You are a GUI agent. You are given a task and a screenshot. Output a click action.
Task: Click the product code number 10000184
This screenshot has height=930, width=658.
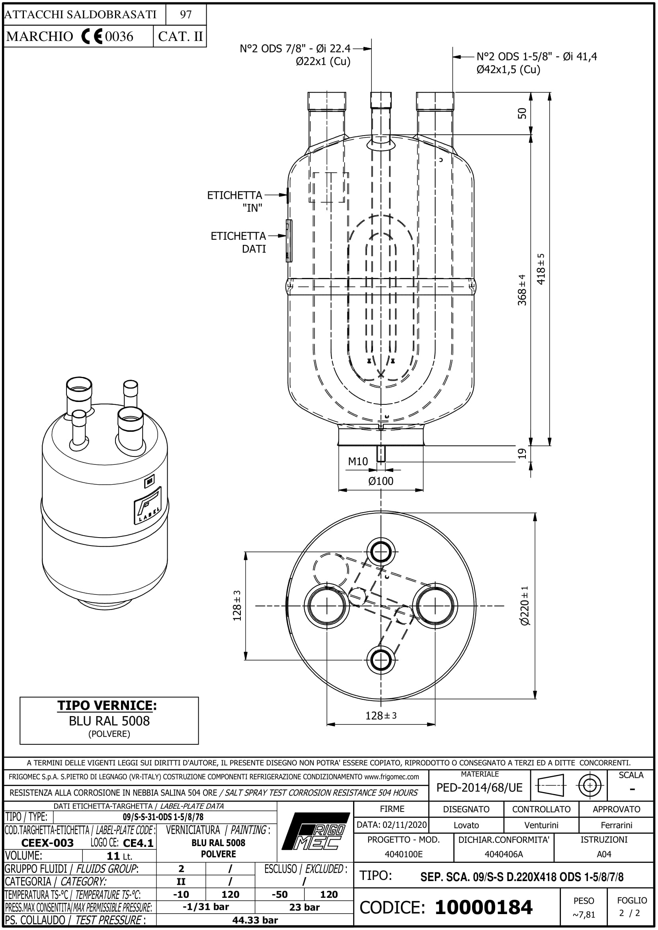[483, 907]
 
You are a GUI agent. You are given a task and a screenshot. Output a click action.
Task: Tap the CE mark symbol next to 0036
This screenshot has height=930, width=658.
[92, 37]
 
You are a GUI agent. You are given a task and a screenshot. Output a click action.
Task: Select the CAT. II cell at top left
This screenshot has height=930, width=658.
[180, 37]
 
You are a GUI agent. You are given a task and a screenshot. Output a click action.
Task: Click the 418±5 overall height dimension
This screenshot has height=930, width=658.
[541, 269]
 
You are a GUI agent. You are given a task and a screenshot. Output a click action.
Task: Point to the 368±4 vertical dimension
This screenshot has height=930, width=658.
[522, 290]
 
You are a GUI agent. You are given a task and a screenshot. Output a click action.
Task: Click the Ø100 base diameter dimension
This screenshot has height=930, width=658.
[381, 481]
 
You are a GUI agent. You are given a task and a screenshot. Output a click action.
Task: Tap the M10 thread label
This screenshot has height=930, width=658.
[357, 461]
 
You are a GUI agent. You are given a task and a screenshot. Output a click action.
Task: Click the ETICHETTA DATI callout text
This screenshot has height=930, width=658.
[238, 242]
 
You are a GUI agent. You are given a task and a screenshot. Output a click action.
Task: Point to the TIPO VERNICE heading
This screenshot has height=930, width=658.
[107, 705]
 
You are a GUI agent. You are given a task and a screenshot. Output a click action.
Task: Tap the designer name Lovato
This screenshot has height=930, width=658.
[466, 825]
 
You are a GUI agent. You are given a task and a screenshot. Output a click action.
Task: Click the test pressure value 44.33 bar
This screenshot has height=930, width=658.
[255, 920]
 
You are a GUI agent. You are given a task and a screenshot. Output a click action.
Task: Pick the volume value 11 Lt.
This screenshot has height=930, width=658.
[119, 856]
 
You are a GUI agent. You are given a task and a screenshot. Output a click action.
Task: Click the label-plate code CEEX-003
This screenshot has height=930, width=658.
[47, 843]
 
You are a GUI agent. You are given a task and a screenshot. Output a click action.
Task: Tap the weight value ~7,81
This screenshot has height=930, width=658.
[584, 914]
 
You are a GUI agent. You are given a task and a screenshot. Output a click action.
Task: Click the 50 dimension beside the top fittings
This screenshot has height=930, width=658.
[522, 113]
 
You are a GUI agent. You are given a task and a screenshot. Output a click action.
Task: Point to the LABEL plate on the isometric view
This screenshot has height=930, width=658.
[148, 505]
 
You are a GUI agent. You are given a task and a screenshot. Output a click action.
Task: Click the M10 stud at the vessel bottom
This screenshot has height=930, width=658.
[381, 454]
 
